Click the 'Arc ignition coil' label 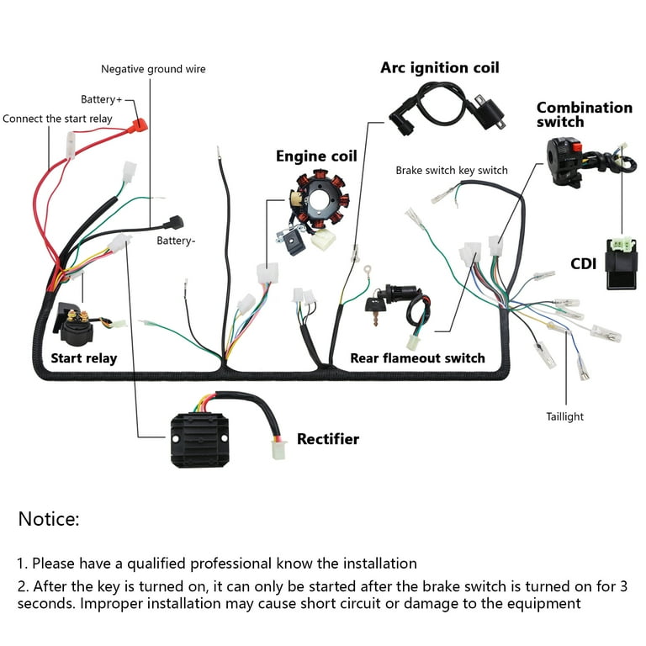[440, 67]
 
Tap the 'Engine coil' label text [316, 156]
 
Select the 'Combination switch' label [584, 114]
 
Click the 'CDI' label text [583, 263]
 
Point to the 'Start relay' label [83, 358]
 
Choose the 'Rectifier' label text [327, 439]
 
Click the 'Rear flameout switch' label [417, 358]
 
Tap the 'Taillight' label [564, 416]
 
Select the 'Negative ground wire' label [153, 69]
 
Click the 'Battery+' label [101, 99]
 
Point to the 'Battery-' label [176, 241]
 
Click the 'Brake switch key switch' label [452, 170]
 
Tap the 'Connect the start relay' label [57, 119]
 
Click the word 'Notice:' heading [49, 519]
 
